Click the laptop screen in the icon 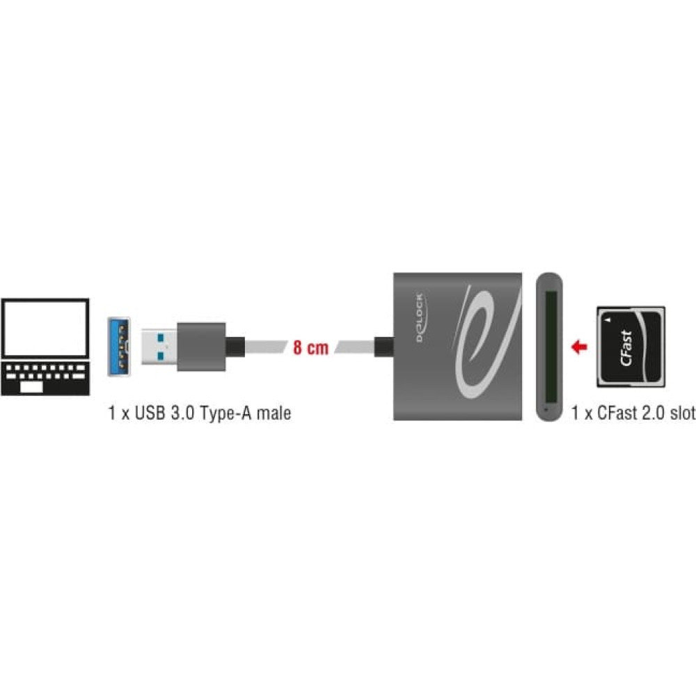45,328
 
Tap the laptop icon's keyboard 45,378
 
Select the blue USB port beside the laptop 119,346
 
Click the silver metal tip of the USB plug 159,347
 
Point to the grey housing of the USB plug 201,347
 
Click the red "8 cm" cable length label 310,347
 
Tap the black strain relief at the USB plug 235,347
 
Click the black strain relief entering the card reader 384,347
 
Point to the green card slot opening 551,346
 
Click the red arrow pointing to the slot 579,347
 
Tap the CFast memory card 631,347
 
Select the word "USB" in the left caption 149,413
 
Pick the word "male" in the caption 274,413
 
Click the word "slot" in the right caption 683,413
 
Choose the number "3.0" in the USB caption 182,413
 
